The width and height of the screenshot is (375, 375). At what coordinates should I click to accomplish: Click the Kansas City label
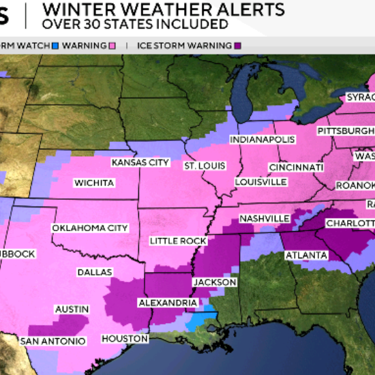[x=140, y=163]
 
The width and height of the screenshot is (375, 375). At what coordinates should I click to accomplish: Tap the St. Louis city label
[x=205, y=166]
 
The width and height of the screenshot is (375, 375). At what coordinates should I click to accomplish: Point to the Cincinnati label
[x=296, y=167]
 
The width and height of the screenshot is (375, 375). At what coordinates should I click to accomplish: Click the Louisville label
[x=260, y=182]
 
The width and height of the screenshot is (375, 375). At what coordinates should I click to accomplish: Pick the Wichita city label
[x=95, y=183]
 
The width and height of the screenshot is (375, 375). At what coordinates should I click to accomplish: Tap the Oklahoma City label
[x=90, y=228]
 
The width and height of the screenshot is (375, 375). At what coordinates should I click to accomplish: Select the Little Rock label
[x=178, y=241]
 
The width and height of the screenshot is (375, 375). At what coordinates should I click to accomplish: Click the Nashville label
[x=265, y=218]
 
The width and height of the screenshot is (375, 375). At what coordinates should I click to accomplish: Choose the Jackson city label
[x=215, y=282]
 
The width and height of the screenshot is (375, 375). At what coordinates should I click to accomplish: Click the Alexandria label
[x=168, y=302]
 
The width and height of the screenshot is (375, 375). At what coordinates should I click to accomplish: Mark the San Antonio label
[x=53, y=341]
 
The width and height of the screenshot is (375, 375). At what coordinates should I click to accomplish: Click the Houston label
[x=125, y=338]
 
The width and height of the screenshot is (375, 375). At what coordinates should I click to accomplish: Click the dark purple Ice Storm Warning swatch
[x=237, y=46]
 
